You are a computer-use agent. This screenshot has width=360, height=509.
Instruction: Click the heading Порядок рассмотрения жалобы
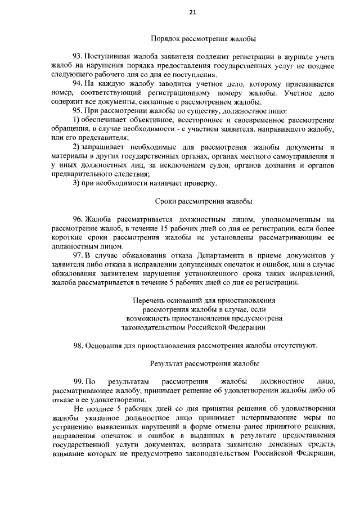pyautogui.click(x=204, y=39)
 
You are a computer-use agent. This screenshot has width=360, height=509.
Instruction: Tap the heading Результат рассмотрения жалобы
pyautogui.click(x=204, y=364)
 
